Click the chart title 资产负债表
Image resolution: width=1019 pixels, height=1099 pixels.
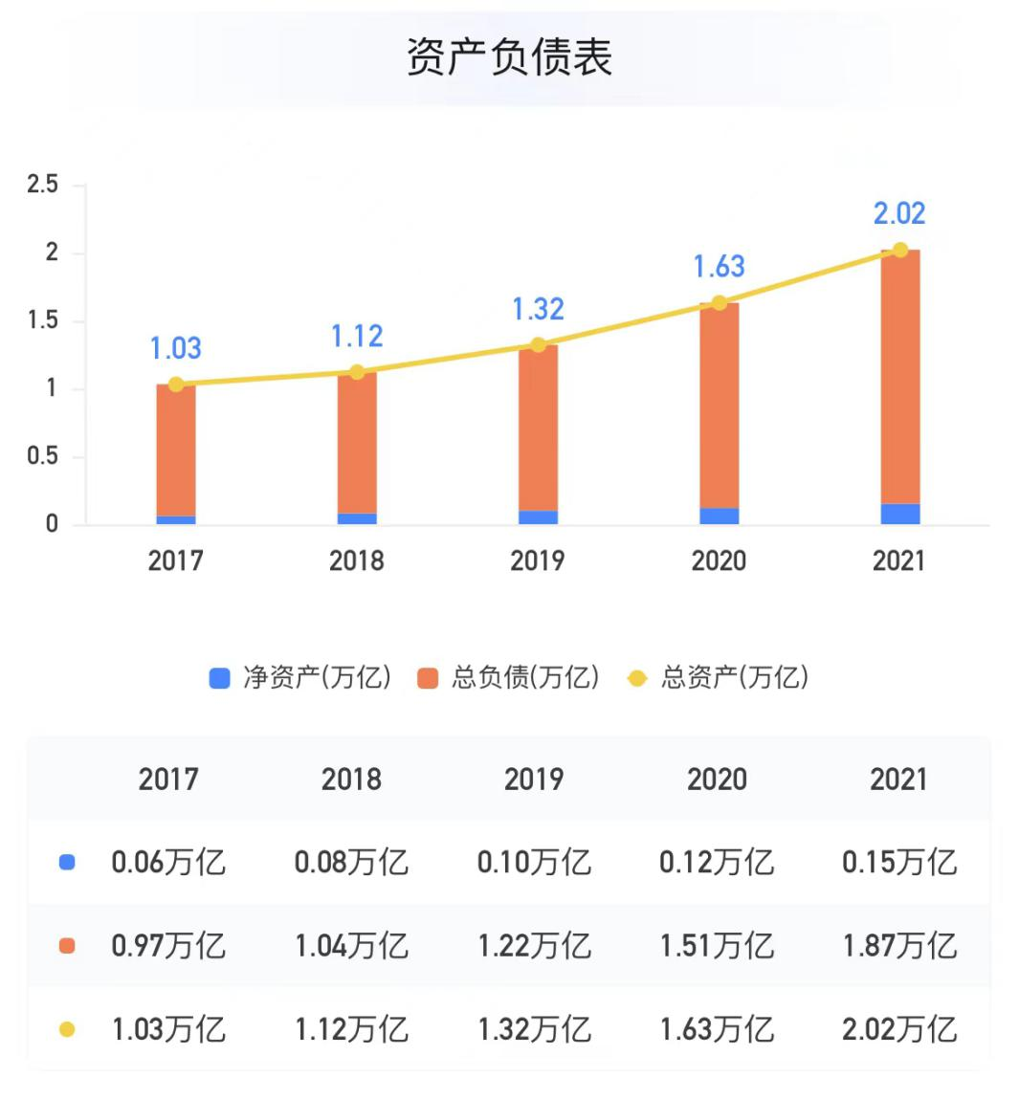click(509, 57)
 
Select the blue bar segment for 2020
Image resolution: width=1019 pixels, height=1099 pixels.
click(719, 516)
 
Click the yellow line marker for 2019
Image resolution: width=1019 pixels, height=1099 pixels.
click(538, 344)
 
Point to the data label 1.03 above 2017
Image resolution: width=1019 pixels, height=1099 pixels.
click(176, 348)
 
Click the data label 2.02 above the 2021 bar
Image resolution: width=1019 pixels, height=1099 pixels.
click(899, 213)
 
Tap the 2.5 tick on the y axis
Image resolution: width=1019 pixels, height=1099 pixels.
click(43, 184)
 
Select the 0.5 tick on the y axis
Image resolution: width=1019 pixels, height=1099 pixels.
click(43, 456)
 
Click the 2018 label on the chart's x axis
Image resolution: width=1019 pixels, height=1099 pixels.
click(356, 560)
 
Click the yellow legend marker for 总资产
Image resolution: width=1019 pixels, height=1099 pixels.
click(636, 678)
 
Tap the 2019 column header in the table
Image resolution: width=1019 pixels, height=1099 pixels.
click(534, 780)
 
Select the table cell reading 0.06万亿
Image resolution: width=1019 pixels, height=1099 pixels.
click(168, 862)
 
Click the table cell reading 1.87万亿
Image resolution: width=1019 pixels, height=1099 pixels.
click(899, 946)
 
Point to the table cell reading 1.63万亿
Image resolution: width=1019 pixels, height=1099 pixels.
click(717, 1029)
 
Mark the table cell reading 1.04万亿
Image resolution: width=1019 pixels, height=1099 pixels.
click(351, 946)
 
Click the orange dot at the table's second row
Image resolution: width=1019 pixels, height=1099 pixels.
click(67, 946)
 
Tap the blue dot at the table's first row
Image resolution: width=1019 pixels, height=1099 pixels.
click(67, 862)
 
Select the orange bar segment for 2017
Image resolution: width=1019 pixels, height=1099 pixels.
click(176, 450)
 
